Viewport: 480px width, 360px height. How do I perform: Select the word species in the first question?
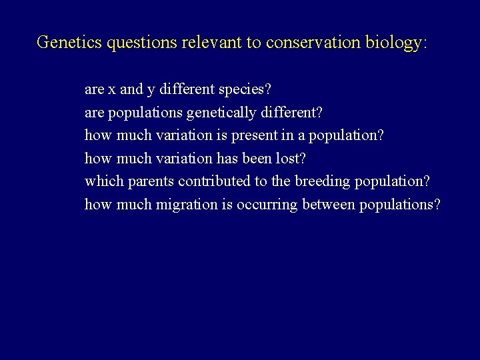click(242, 89)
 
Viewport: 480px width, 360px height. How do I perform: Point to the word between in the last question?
click(329, 204)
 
